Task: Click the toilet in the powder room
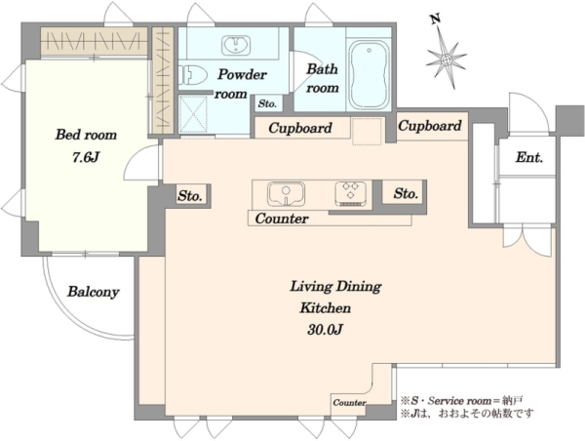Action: (193, 75)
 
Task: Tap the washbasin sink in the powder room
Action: (236, 46)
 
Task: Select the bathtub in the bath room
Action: (369, 74)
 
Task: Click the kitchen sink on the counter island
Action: (286, 193)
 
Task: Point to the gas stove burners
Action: (350, 192)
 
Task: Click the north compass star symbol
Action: (447, 59)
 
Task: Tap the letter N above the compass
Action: (435, 19)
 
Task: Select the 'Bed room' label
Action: (86, 135)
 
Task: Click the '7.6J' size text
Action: (86, 158)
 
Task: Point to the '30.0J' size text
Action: (326, 330)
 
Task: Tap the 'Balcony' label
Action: (94, 292)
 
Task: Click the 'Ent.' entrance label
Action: (529, 158)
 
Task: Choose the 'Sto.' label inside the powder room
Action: (267, 103)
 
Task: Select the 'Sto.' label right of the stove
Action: (406, 193)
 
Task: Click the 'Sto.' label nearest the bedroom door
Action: (190, 196)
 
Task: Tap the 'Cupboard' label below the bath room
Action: (300, 128)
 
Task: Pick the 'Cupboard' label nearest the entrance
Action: (430, 126)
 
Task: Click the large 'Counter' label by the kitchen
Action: (282, 219)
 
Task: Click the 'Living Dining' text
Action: (335, 287)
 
